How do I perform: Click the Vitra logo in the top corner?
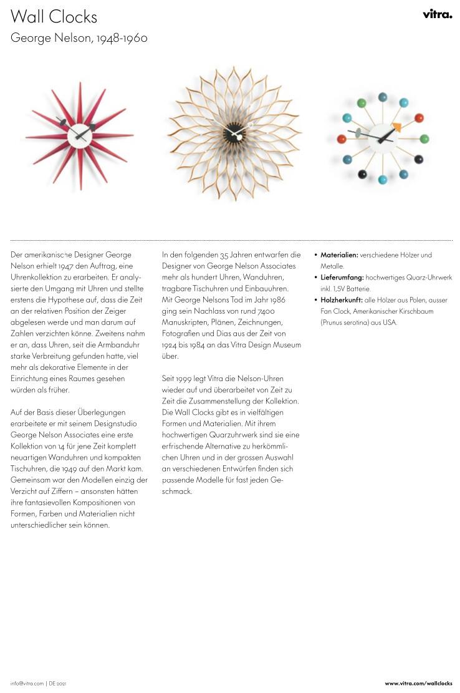(x=437, y=14)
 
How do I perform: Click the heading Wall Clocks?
(x=54, y=16)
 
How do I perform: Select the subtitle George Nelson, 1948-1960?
(x=79, y=38)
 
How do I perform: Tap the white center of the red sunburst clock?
(x=79, y=132)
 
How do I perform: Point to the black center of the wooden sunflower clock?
(x=234, y=132)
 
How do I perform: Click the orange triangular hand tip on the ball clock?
(x=396, y=127)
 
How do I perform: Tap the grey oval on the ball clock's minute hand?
(x=358, y=132)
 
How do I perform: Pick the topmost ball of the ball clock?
(x=383, y=97)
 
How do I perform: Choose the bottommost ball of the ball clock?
(x=383, y=180)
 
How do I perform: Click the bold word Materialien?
(x=339, y=255)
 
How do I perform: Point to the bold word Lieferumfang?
(x=342, y=278)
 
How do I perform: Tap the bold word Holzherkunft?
(x=342, y=300)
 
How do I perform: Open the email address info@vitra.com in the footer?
(x=27, y=684)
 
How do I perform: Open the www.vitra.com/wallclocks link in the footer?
(x=418, y=684)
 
